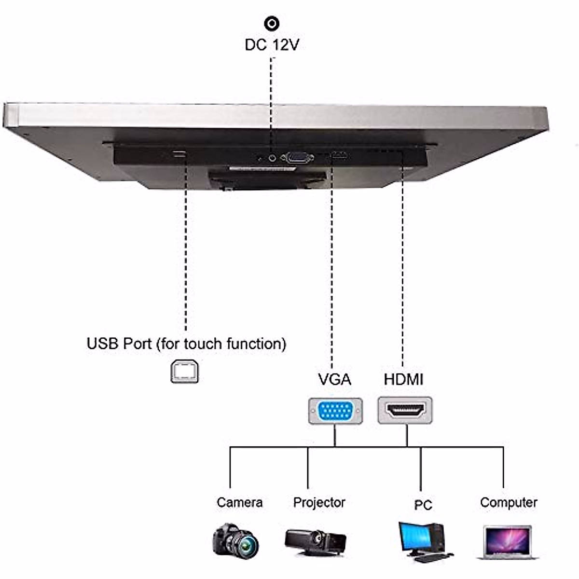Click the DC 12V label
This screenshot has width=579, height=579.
click(x=272, y=45)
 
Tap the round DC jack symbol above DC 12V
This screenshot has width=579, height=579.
click(x=272, y=23)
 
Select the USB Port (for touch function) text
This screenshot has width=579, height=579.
click(x=186, y=344)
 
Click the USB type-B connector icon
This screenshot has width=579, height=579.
click(x=185, y=372)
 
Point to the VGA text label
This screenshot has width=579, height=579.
click(x=334, y=379)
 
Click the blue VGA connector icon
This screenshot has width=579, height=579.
click(x=335, y=411)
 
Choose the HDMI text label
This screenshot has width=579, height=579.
click(x=403, y=379)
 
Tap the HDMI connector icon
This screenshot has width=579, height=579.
click(x=405, y=411)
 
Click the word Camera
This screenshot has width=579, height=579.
click(x=239, y=502)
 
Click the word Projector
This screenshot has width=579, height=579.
click(x=319, y=502)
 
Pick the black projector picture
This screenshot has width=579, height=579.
click(x=316, y=541)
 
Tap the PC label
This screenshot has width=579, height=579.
click(x=423, y=505)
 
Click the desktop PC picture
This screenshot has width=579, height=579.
click(x=424, y=542)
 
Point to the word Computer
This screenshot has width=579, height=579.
click(x=509, y=502)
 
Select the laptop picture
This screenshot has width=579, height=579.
click(x=508, y=542)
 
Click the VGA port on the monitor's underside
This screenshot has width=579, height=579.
click(x=297, y=157)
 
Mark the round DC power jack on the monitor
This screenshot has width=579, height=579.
click(x=273, y=157)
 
